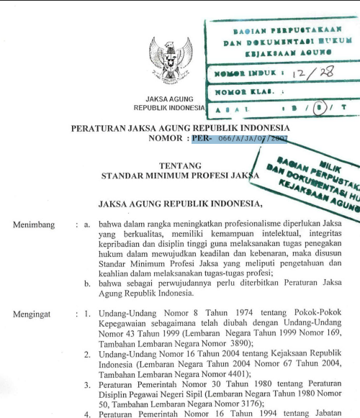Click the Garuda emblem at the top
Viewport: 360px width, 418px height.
click(x=171, y=60)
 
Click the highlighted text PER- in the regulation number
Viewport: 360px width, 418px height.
click(x=204, y=140)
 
